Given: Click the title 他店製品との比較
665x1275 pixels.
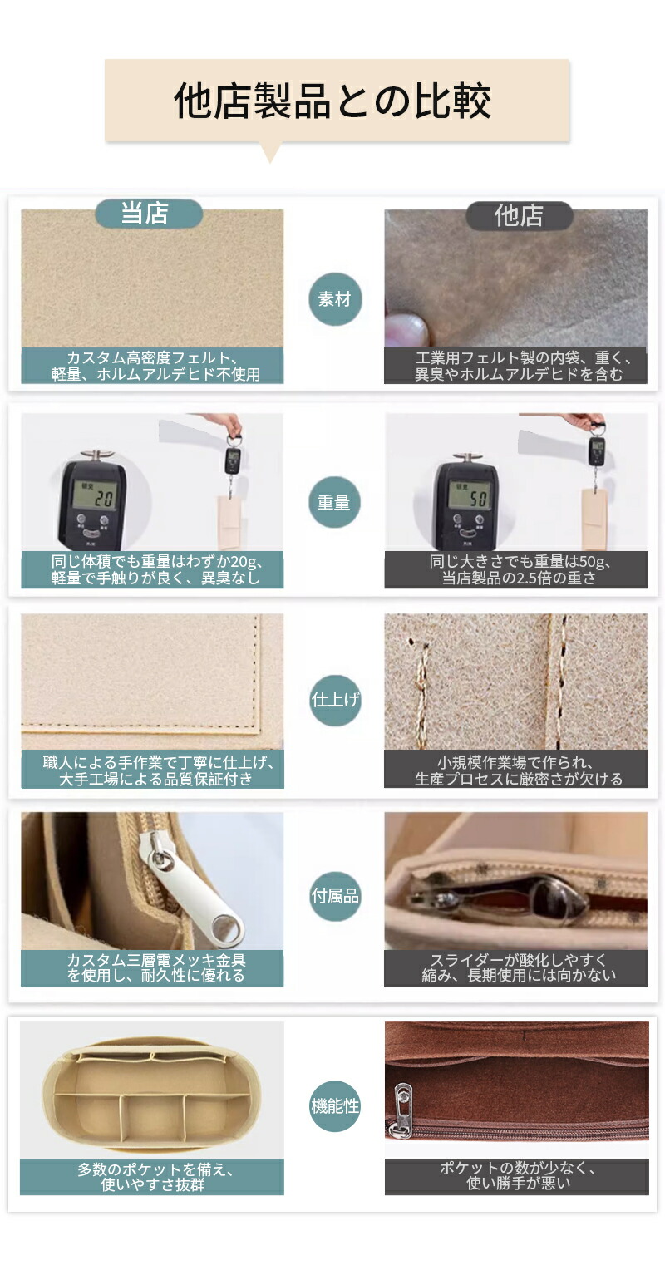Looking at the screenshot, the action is tap(332, 101).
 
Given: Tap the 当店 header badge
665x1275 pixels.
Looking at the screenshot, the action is tap(149, 214).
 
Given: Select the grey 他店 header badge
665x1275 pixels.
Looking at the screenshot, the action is tap(520, 215).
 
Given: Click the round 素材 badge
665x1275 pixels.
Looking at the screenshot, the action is tap(335, 299).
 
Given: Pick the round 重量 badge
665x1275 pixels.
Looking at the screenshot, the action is tap(335, 502).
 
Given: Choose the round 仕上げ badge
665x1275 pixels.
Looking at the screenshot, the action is tap(335, 700).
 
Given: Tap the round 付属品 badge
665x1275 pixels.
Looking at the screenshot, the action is tap(335, 897).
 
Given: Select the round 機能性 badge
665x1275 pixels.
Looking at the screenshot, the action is tap(335, 1106).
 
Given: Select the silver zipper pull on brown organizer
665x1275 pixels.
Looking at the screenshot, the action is tap(403, 1110).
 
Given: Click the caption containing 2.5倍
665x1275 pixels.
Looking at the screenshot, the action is tap(520, 569).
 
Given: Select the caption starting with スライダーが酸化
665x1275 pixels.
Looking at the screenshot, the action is tap(518, 967).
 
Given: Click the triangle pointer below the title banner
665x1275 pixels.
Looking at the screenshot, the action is tap(271, 153).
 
